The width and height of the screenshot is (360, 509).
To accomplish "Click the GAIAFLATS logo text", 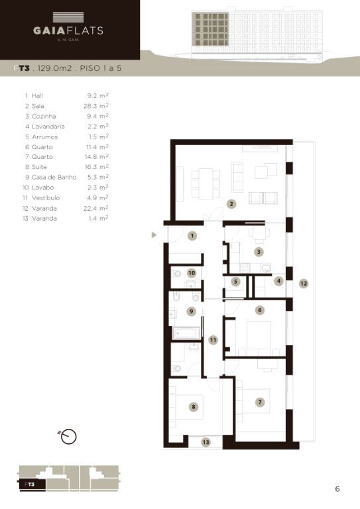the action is tap(68, 30).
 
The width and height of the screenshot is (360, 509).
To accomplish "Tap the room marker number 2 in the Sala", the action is tap(231, 204).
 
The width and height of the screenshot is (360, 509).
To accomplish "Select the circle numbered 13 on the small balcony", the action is tap(206, 442).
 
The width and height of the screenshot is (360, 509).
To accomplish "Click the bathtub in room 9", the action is tap(186, 333).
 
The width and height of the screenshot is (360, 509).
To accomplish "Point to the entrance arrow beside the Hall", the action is tap(154, 235).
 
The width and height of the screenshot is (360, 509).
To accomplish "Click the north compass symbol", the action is tap(68, 436).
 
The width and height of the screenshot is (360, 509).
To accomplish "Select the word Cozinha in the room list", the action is tap(44, 116).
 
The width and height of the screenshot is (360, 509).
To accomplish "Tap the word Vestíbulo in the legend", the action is tap(46, 198).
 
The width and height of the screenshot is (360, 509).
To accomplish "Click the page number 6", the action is tap(337, 489).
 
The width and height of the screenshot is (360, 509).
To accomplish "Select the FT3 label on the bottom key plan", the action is tap(30, 484).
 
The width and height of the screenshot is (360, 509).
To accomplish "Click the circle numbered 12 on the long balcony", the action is tap(304, 284).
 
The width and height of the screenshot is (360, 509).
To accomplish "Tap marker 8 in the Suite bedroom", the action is tap(194, 407).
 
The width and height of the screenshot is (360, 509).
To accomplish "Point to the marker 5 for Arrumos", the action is tap(235, 282).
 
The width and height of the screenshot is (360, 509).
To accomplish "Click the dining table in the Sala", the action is tap(206, 184).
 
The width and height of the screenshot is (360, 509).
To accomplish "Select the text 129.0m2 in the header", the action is tap(54, 68).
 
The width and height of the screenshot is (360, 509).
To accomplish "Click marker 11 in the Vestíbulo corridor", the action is tap(213, 340).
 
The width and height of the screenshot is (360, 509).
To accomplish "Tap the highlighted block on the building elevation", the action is tap(210, 29).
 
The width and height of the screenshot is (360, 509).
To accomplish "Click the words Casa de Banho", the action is tap(54, 177).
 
